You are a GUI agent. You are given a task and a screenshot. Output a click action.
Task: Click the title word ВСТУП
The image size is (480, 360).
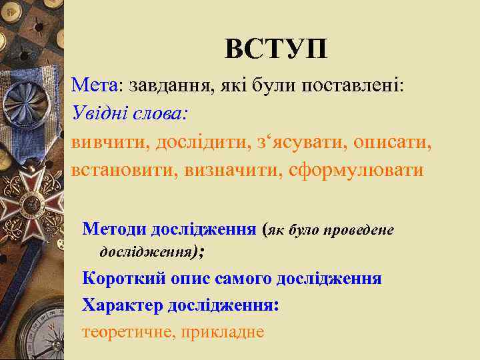[275, 49]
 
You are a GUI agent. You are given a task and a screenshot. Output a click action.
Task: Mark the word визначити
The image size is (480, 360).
[229, 170]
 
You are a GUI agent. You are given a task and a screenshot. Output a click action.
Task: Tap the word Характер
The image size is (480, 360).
[122, 305]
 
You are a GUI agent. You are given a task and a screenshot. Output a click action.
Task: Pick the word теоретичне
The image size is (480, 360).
[124, 331]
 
